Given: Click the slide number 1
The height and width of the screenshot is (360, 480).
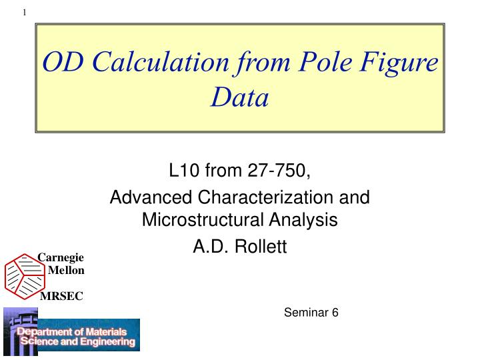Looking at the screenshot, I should [x=25, y=11].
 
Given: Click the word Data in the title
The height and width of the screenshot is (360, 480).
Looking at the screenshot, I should [x=239, y=98].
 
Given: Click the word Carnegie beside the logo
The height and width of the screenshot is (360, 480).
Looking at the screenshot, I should [x=61, y=257].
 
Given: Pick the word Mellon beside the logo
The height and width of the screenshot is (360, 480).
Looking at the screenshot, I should [x=66, y=270].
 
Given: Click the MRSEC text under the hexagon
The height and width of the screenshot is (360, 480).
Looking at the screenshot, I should [x=61, y=296].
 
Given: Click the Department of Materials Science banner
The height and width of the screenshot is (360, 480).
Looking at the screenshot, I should [x=77, y=337].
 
